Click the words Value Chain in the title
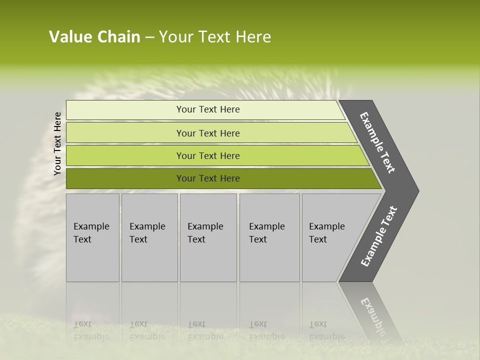(x=94, y=37)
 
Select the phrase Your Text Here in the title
(x=214, y=37)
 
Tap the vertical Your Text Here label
(x=57, y=143)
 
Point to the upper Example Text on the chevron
(x=377, y=142)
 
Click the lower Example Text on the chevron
(x=379, y=236)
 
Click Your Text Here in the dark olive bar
(x=208, y=178)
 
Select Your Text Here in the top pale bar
(x=208, y=109)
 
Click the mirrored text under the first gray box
(x=91, y=330)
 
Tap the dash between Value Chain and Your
(x=149, y=37)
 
